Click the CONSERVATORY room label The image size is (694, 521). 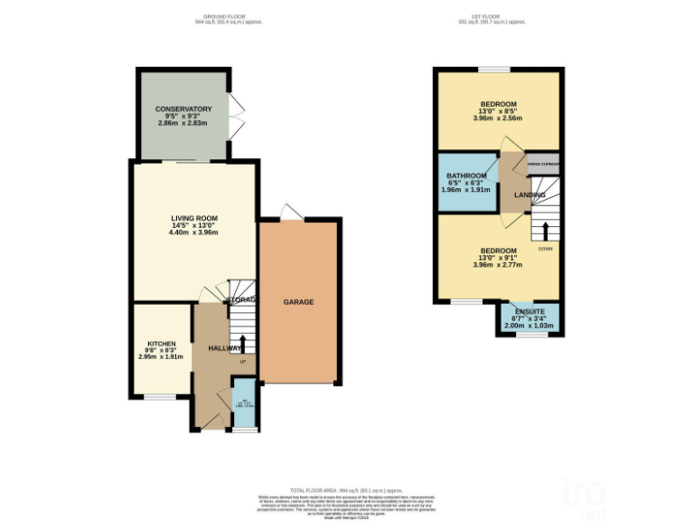(183, 109)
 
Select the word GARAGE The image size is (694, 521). (298, 301)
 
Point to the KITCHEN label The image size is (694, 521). (162, 344)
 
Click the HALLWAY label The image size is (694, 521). (224, 348)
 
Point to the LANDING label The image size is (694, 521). (530, 194)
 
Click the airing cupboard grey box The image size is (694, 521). (543, 164)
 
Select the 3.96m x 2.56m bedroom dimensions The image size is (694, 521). (498, 118)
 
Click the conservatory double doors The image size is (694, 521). (238, 117)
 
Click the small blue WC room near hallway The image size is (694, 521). (242, 399)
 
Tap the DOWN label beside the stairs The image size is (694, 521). (545, 247)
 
